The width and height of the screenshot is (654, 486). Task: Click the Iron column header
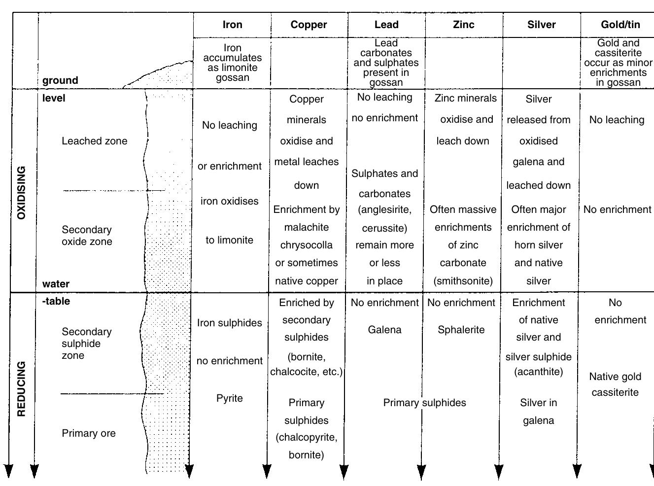click(x=232, y=25)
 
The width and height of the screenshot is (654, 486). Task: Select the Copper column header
click(x=309, y=25)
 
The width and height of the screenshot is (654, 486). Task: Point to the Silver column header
click(x=541, y=25)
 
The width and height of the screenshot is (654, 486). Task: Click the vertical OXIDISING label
click(x=21, y=193)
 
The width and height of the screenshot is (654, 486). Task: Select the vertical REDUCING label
click(x=21, y=389)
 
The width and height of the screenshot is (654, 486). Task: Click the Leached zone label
click(x=94, y=141)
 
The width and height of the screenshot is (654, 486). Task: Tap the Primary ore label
click(x=89, y=433)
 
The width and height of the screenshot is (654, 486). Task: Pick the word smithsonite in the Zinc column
click(x=463, y=281)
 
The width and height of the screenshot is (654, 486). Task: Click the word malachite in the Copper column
click(x=307, y=227)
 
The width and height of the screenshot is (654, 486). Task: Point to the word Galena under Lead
click(x=384, y=330)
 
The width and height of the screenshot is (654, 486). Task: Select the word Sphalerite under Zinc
click(x=461, y=330)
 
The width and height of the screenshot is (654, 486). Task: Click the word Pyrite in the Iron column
click(x=229, y=398)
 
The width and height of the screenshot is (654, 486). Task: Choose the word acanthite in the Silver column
click(x=538, y=372)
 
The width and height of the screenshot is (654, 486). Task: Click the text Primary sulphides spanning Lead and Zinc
click(x=424, y=403)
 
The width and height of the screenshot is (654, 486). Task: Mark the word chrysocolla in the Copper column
click(x=307, y=245)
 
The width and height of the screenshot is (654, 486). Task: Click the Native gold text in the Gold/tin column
click(x=615, y=377)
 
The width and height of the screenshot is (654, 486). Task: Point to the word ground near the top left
click(x=60, y=80)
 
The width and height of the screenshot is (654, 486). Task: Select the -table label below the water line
click(x=56, y=301)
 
